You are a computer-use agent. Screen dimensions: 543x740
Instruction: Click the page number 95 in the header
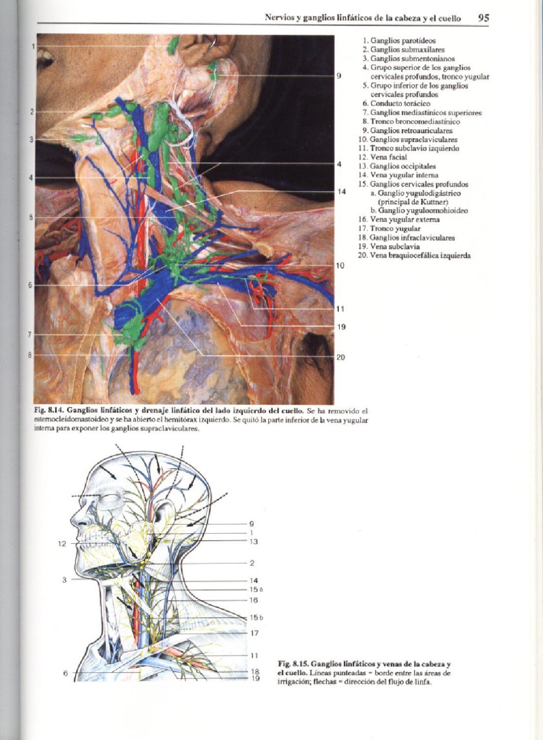pos(483,18)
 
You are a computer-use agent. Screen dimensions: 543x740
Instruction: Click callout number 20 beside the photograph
pos(340,357)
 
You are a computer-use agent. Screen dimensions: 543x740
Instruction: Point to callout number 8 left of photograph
pos(30,354)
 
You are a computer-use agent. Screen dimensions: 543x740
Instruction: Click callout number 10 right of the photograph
pos(340,266)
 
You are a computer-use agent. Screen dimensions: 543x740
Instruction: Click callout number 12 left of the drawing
pos(62,544)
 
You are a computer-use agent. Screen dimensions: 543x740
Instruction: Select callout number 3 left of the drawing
pos(64,580)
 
